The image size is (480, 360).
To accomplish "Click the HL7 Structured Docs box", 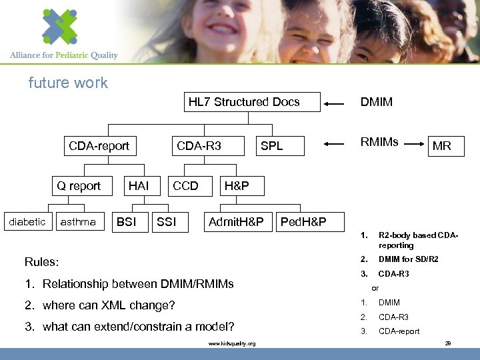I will point(244,102).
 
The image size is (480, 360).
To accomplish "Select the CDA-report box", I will point(99,146).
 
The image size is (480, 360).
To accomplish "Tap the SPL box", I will point(271,146).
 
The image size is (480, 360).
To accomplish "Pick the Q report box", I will point(79,186).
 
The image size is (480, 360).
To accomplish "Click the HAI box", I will point(139,186).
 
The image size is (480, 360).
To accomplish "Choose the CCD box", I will point(185,186).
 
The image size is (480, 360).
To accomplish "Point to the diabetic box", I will point(27,222).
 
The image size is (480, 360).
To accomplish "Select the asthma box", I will point(78,222).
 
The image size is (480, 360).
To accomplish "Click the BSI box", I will point(127,222).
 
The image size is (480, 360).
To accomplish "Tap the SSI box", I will point(166,222).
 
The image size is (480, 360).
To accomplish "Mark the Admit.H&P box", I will point(237,222).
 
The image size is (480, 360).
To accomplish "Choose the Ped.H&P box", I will point(303,222).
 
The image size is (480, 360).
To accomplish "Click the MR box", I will point(442,146).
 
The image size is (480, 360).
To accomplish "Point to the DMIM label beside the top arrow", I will point(377,102).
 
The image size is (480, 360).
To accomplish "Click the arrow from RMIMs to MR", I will point(414,142).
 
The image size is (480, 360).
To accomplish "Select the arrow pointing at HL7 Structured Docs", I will point(337,103).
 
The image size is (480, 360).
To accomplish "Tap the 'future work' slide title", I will point(68,83).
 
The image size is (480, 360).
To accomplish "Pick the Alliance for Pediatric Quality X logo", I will point(60,27).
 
